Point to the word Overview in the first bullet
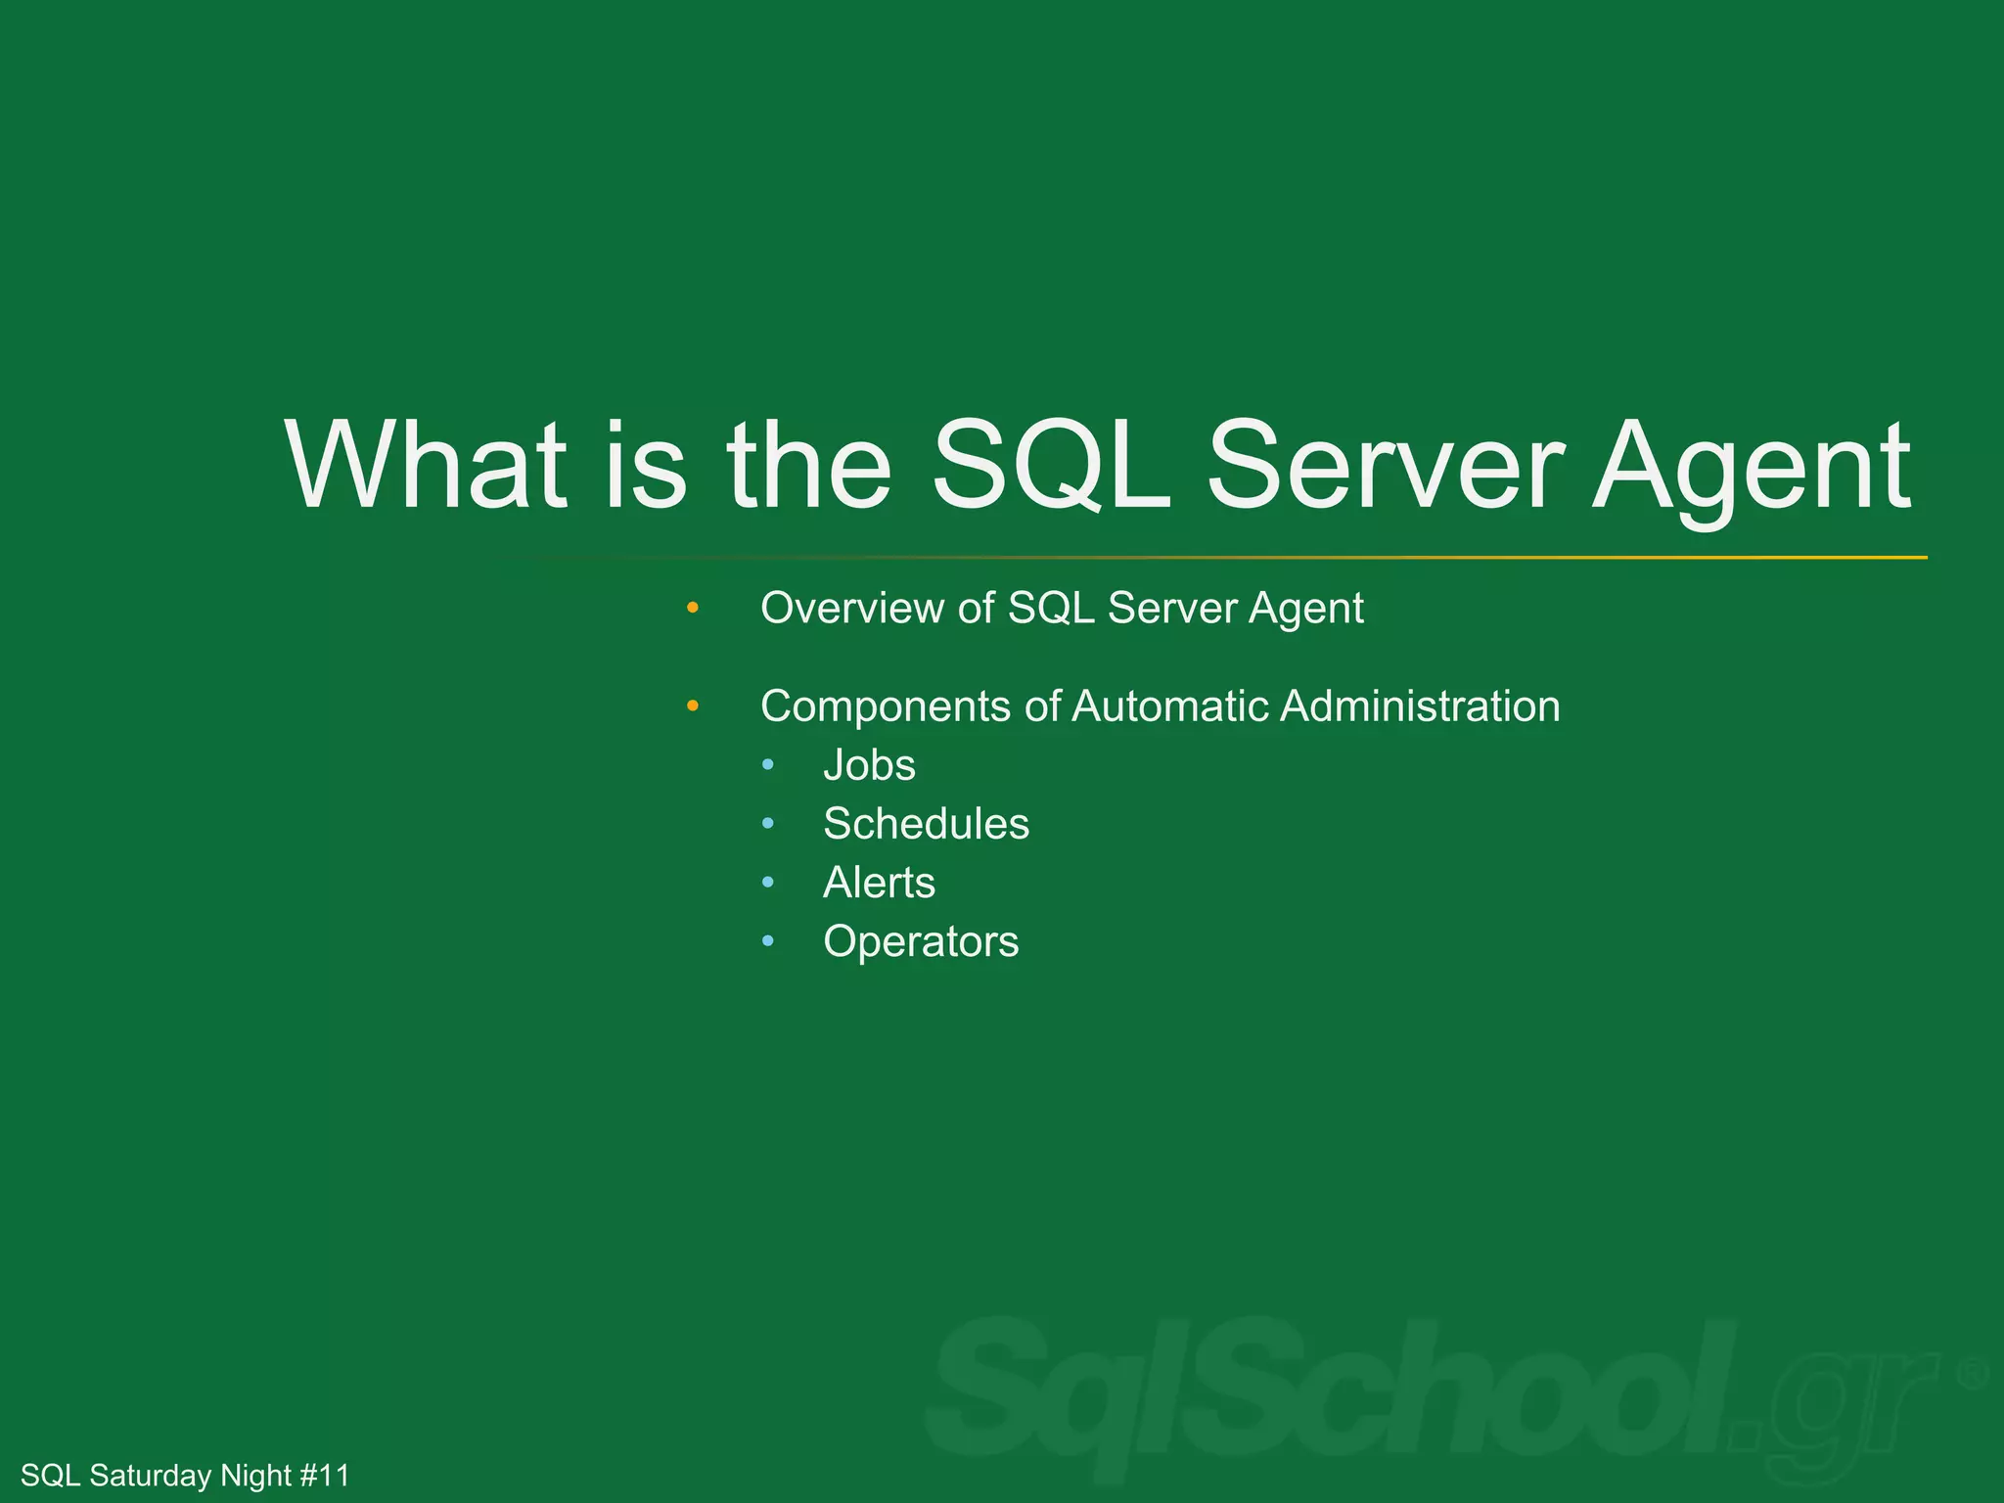click(851, 608)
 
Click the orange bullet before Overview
click(693, 608)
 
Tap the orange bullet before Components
click(693, 706)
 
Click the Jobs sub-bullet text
click(869, 765)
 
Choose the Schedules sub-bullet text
click(926, 824)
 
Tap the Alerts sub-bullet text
click(879, 883)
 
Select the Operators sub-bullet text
click(921, 942)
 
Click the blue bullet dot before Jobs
click(768, 765)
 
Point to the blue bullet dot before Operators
click(768, 941)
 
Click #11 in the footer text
click(324, 1476)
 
